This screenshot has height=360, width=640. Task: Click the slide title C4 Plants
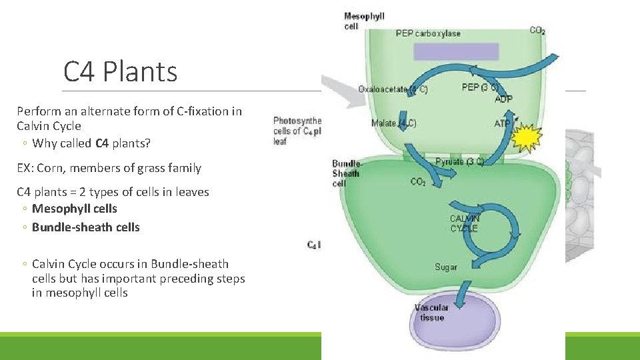click(x=120, y=71)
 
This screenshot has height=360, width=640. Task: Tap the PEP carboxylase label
click(x=427, y=33)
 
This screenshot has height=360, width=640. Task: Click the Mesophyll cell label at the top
click(x=364, y=21)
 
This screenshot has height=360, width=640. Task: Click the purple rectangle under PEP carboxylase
click(x=456, y=52)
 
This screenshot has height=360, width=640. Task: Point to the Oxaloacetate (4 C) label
click(x=392, y=89)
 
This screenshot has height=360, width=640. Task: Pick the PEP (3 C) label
click(x=479, y=87)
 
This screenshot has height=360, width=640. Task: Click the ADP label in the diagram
click(x=504, y=99)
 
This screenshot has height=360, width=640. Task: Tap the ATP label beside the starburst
click(x=502, y=123)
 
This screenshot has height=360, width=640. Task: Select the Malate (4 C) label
click(x=394, y=123)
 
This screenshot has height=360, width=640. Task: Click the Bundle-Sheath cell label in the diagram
click(x=346, y=173)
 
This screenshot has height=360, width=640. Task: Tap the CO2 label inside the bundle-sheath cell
click(x=418, y=182)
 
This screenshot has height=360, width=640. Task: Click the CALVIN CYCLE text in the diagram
click(x=464, y=223)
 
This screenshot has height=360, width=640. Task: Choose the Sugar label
click(x=446, y=267)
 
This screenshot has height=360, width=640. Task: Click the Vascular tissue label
click(x=431, y=313)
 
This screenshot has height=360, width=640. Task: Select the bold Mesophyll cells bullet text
click(x=75, y=209)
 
